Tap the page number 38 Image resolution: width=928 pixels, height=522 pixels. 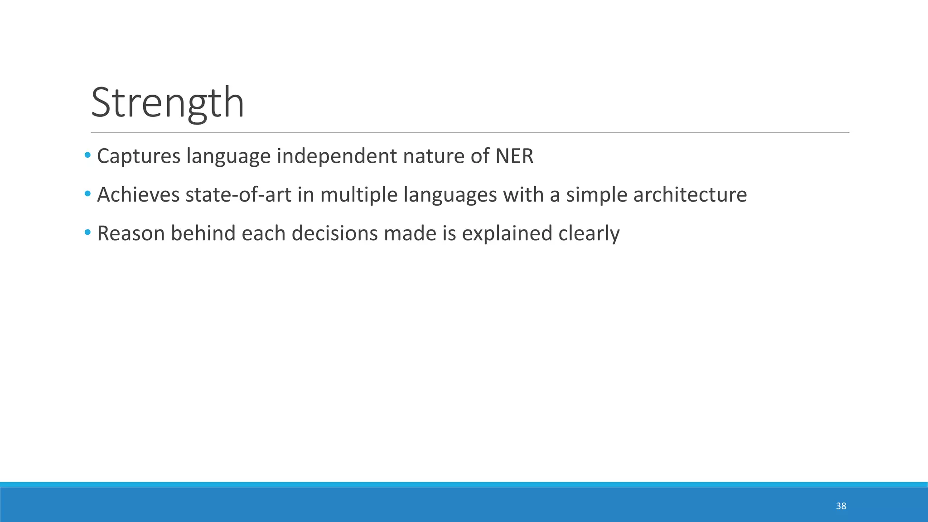(841, 506)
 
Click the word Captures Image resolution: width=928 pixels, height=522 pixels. (139, 156)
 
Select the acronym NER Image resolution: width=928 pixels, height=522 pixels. (514, 156)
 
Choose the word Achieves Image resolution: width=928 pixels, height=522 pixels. (138, 195)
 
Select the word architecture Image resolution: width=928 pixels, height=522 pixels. (690, 195)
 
